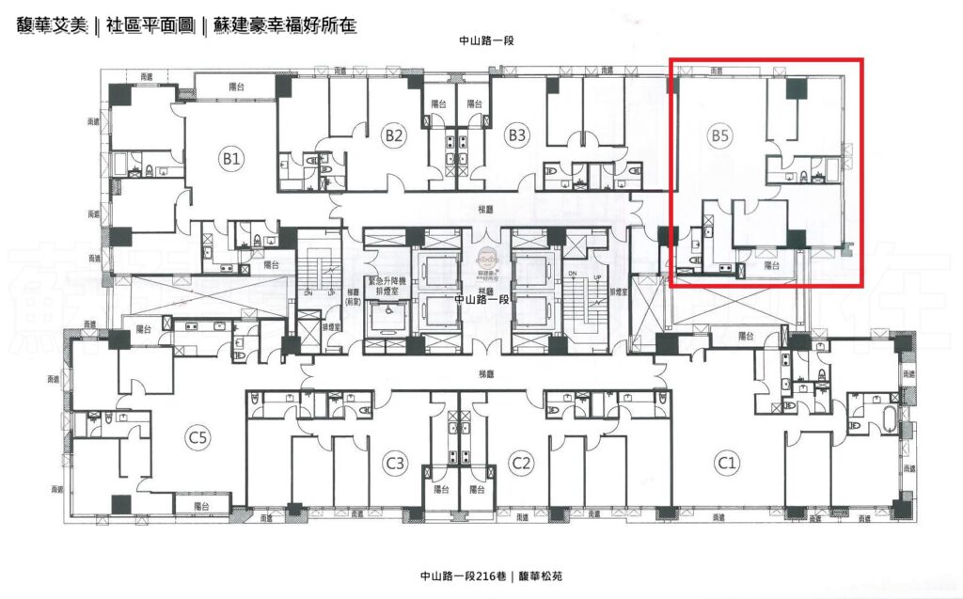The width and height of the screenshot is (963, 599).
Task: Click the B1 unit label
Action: point(231,159)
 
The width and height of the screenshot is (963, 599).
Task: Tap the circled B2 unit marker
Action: point(394,135)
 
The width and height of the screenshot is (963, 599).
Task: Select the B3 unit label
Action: point(516,135)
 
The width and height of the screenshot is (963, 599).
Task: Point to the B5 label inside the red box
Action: point(720,135)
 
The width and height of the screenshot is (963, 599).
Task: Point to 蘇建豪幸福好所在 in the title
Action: point(282,25)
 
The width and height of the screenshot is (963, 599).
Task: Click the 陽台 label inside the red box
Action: point(771,266)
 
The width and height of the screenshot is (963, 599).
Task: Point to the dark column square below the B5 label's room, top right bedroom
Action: point(797,90)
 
